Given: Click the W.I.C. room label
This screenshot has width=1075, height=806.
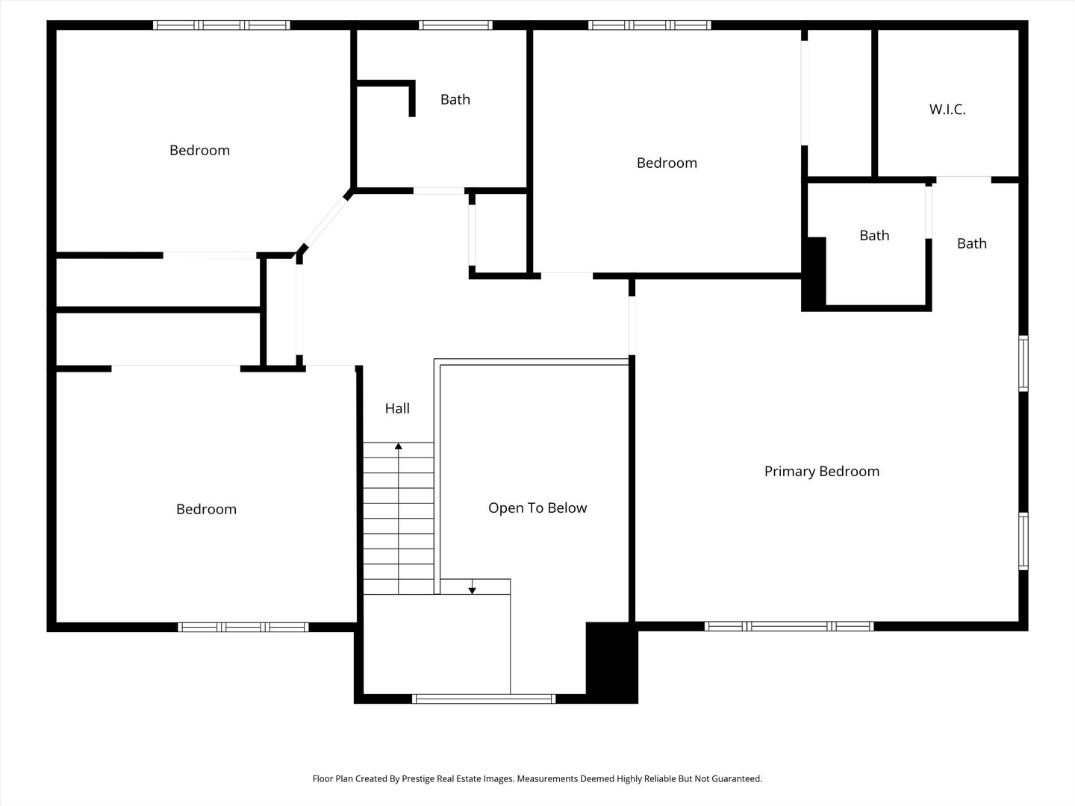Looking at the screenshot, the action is click(947, 109).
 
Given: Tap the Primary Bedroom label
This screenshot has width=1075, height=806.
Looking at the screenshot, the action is click(822, 471).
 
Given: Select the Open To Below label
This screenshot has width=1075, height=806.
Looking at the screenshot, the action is click(537, 508).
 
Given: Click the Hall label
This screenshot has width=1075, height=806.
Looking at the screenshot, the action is click(397, 408).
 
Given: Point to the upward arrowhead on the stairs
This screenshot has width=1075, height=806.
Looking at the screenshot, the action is click(399, 446).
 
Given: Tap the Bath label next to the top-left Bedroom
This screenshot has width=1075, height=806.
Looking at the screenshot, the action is click(455, 99).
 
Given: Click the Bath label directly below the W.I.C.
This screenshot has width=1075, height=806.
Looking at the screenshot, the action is click(972, 243).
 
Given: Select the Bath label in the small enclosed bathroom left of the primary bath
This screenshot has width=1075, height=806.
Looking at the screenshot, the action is click(874, 235).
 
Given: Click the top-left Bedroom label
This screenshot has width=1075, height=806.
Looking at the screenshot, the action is click(199, 150).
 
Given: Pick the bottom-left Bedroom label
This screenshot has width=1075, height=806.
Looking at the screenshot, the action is click(206, 509).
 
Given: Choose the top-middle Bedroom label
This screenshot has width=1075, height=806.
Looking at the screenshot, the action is click(667, 163).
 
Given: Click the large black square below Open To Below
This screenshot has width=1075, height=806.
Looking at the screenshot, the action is click(611, 663).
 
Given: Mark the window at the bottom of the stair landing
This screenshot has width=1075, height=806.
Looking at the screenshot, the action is click(484, 699).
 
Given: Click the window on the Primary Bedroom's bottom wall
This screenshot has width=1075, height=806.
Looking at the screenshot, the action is click(789, 626).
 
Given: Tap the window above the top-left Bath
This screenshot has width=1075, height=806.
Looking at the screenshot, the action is click(455, 25).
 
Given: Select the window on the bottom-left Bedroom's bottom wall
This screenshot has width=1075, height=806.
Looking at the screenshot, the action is click(243, 628).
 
